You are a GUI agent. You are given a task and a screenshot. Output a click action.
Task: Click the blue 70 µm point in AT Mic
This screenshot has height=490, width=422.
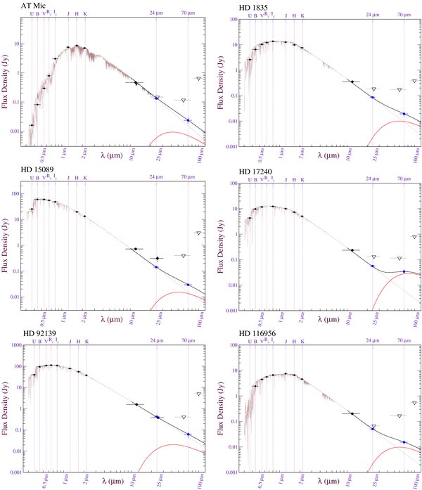[188, 120]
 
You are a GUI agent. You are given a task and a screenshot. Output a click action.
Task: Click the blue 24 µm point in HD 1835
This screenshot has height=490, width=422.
[373, 97]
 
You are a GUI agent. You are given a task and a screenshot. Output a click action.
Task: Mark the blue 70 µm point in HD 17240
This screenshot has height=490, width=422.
[404, 271]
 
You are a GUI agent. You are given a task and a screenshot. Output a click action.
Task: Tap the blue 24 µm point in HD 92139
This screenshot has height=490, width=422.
[157, 417]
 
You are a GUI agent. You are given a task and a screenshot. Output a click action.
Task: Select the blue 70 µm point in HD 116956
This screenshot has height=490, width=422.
[404, 442]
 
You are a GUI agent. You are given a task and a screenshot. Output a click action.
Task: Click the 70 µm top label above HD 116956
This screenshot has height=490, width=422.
[404, 340]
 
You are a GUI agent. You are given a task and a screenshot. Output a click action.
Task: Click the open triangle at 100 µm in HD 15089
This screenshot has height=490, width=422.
[198, 233]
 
